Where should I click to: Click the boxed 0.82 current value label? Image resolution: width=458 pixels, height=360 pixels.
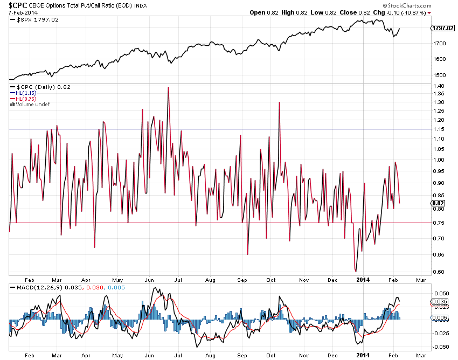pyautogui.click(x=438, y=203)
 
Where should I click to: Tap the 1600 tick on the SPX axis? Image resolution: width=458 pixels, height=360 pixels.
pyautogui.click(x=439, y=59)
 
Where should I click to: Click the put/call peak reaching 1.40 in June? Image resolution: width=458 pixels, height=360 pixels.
pyautogui.click(x=168, y=87)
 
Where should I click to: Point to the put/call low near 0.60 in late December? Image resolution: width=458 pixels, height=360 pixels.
pyautogui.click(x=356, y=271)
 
